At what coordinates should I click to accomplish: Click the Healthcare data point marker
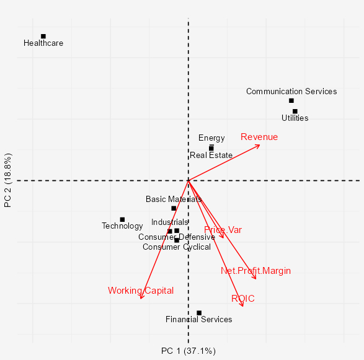[x=43, y=36]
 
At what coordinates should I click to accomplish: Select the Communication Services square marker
[x=291, y=100]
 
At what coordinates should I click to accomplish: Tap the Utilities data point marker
[x=295, y=112]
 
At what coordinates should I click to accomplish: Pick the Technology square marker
[x=122, y=219]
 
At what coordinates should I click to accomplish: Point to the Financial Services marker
[x=199, y=313]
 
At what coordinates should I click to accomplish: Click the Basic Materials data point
[x=174, y=208]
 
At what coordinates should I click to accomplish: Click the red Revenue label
[x=259, y=137]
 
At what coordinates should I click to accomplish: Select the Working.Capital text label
[x=141, y=290]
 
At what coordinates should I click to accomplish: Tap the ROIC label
[x=243, y=299]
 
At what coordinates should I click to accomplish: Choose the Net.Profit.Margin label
[x=255, y=271]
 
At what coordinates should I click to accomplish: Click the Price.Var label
[x=223, y=230]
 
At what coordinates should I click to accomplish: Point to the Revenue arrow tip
[x=260, y=144]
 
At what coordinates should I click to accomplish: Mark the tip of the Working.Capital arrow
[x=141, y=299]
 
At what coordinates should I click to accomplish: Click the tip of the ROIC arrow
[x=243, y=307]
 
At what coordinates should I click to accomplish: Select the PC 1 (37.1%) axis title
[x=188, y=351]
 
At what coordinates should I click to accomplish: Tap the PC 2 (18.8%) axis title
[x=8, y=180]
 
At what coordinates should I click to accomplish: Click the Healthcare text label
[x=43, y=43]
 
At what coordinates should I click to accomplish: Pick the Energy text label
[x=211, y=138]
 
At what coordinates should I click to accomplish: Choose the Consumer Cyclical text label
[x=177, y=247]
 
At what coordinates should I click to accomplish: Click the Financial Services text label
[x=199, y=320]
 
